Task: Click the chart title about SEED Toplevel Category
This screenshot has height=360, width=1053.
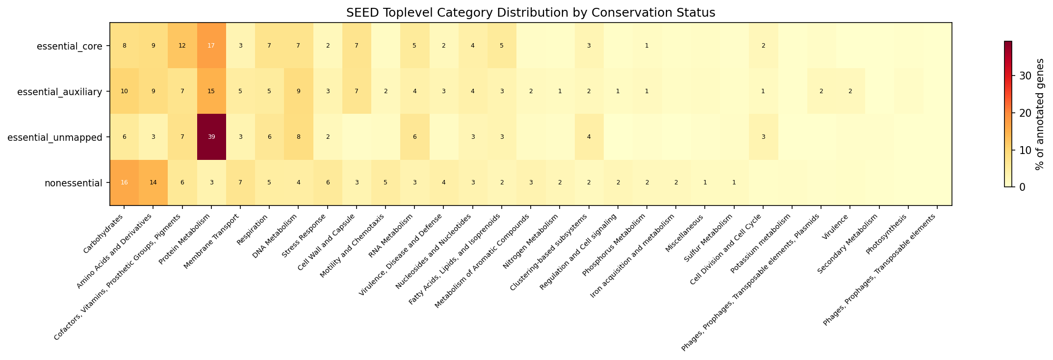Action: (x=531, y=13)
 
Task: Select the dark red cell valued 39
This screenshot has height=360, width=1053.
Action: (x=211, y=137)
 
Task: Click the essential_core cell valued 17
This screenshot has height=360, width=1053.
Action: (x=211, y=46)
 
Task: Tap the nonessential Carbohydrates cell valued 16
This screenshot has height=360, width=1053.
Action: (x=124, y=182)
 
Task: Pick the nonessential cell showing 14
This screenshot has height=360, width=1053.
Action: (x=153, y=182)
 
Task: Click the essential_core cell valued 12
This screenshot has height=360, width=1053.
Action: (x=182, y=46)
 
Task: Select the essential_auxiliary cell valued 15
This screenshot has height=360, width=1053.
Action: (x=211, y=91)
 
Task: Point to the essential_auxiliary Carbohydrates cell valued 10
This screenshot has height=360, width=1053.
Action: (x=124, y=91)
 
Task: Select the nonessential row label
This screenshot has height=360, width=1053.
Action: (x=74, y=183)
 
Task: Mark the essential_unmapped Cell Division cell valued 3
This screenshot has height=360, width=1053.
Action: (x=763, y=137)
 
